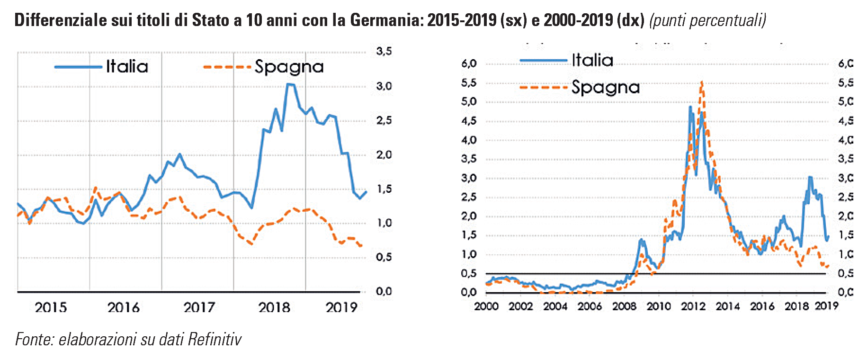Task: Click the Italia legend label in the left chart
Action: point(127,66)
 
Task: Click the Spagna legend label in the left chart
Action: point(289,67)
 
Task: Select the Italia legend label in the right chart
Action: point(592,60)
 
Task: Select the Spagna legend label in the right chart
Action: point(605,87)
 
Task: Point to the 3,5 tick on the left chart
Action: point(384,51)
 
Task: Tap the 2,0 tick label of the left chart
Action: point(384,155)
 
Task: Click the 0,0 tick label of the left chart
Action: point(384,292)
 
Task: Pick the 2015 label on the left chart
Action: point(51,308)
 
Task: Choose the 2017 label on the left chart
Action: point(199,308)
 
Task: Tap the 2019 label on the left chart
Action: point(341,308)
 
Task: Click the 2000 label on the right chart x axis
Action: point(486,306)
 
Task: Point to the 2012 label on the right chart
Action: point(693,306)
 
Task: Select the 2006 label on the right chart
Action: point(590,306)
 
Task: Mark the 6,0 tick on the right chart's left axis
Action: point(469,63)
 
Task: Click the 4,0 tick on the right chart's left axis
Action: point(469,140)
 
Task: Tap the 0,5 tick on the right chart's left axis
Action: point(469,274)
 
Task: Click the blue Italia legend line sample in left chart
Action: point(78,67)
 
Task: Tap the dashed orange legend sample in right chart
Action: point(543,87)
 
